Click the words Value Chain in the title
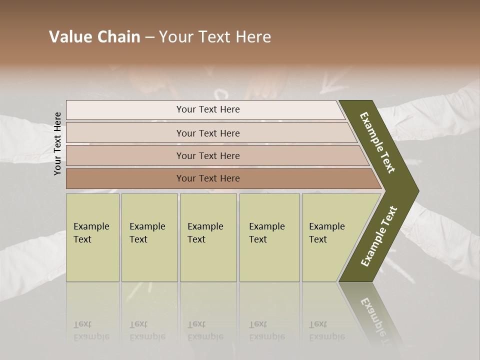[x=94, y=37]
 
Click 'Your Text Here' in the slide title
[x=215, y=37]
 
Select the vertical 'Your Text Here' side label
[x=57, y=143]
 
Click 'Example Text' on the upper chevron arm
[x=377, y=142]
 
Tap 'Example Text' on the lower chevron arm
[x=379, y=236]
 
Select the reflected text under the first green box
[x=91, y=330]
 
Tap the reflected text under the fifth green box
[x=326, y=330]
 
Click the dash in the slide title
[x=149, y=37]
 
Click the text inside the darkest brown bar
[x=208, y=178]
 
